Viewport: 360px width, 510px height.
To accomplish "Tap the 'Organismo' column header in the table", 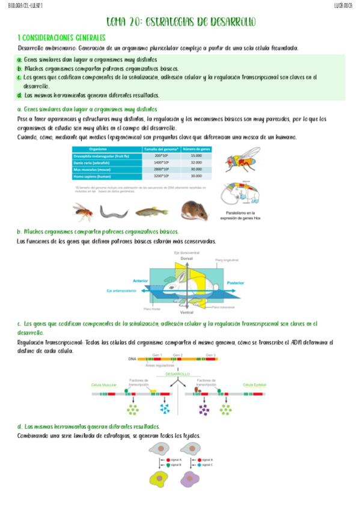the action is (98, 149).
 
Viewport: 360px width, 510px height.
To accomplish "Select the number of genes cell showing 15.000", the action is (195, 156).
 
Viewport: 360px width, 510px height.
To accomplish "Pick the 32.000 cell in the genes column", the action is (195, 162).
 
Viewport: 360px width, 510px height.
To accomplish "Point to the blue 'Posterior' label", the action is (234, 282).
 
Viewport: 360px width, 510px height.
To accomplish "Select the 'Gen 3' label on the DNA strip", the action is (210, 354).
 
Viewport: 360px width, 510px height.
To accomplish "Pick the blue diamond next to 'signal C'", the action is (200, 465).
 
